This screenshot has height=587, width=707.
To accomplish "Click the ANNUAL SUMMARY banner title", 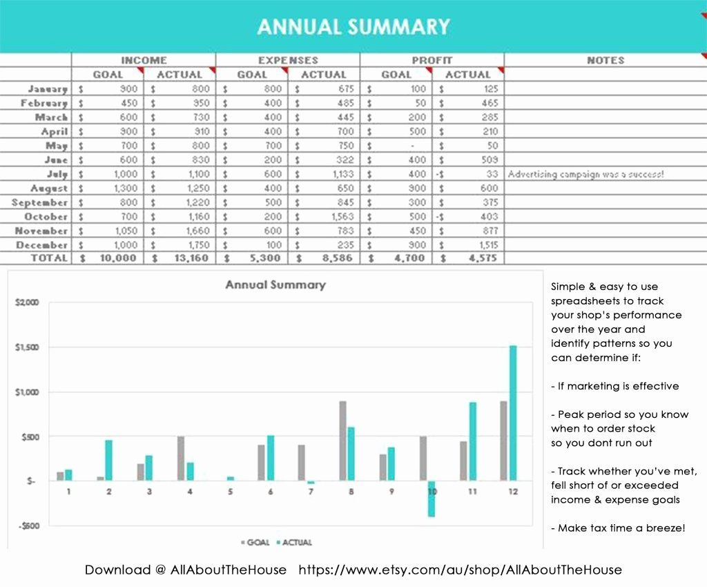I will (x=353, y=27).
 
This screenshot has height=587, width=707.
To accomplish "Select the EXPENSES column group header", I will (x=288, y=60).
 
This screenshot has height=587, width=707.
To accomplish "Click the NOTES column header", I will (x=606, y=60).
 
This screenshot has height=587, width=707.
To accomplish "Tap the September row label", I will (x=40, y=202).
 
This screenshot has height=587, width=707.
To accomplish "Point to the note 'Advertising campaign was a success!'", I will (x=585, y=174).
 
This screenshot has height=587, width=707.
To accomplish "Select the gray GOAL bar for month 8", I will (x=342, y=441).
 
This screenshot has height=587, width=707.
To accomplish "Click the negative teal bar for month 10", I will (x=432, y=499).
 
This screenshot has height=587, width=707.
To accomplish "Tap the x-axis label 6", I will (x=270, y=492).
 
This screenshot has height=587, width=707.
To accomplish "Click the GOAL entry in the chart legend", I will (x=255, y=543).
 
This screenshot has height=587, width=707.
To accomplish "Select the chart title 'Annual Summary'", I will (x=275, y=285).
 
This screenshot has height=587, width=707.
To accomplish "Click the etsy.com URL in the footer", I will (x=460, y=570).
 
